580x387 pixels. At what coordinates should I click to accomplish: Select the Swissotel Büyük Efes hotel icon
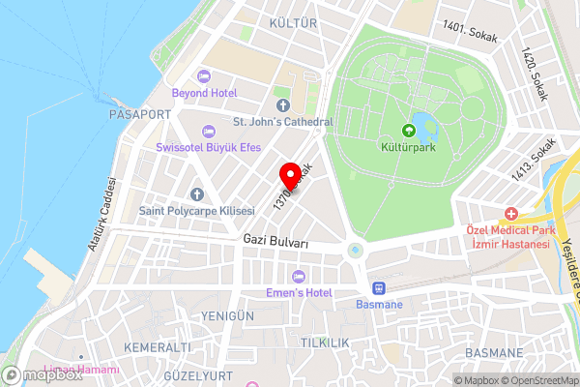click(208, 131)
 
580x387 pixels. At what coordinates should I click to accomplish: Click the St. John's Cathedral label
click(283, 122)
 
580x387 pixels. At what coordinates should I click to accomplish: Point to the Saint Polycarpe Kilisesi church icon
click(196, 193)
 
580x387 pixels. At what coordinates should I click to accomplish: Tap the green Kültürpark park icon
click(407, 132)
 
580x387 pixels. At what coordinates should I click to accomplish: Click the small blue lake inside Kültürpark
click(422, 124)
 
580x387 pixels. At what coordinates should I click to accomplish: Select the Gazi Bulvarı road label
click(275, 240)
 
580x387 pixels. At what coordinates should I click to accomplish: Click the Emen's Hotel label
click(299, 292)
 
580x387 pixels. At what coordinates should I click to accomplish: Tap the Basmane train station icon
click(377, 287)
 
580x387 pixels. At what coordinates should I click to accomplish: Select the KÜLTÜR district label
click(294, 22)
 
